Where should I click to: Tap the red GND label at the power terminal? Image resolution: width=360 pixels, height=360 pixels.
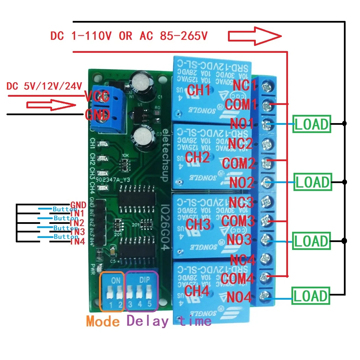pyautogui.click(x=97, y=115)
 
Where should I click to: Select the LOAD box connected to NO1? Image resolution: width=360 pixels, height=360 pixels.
pyautogui.click(x=311, y=124)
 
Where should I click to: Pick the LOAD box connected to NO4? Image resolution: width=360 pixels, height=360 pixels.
pyautogui.click(x=310, y=296)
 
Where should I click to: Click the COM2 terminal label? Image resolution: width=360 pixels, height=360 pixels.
pyautogui.click(x=239, y=163)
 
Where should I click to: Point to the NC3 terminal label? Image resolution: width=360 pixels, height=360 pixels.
pyautogui.click(x=242, y=202)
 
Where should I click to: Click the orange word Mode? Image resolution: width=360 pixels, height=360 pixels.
pyautogui.click(x=103, y=321)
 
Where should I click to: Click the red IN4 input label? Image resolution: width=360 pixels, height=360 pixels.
pyautogui.click(x=77, y=242)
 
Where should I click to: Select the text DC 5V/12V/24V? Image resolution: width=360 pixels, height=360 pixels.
pyautogui.click(x=44, y=86)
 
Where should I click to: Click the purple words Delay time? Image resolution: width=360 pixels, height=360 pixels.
pyautogui.click(x=169, y=321)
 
